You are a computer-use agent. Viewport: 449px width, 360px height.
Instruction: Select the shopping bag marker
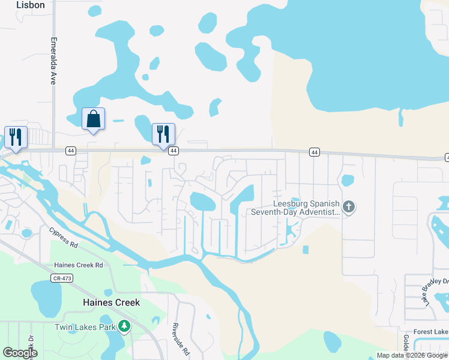coord(93,119)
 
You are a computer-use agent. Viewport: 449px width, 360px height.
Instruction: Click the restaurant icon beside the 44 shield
coord(163,134)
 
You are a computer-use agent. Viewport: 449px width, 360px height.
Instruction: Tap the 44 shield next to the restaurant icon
coord(173,151)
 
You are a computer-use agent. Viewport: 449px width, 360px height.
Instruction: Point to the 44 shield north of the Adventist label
coord(314,152)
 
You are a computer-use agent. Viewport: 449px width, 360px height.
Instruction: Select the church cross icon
coord(349,208)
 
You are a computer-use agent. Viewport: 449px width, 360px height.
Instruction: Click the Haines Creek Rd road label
coord(79,265)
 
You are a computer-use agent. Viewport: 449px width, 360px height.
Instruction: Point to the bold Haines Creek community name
coord(111,302)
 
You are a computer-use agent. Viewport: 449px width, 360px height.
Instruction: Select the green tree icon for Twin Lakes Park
coord(124,327)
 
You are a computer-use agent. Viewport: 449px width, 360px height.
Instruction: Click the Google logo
coord(20,353)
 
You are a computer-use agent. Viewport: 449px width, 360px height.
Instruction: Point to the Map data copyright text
coord(412,355)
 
